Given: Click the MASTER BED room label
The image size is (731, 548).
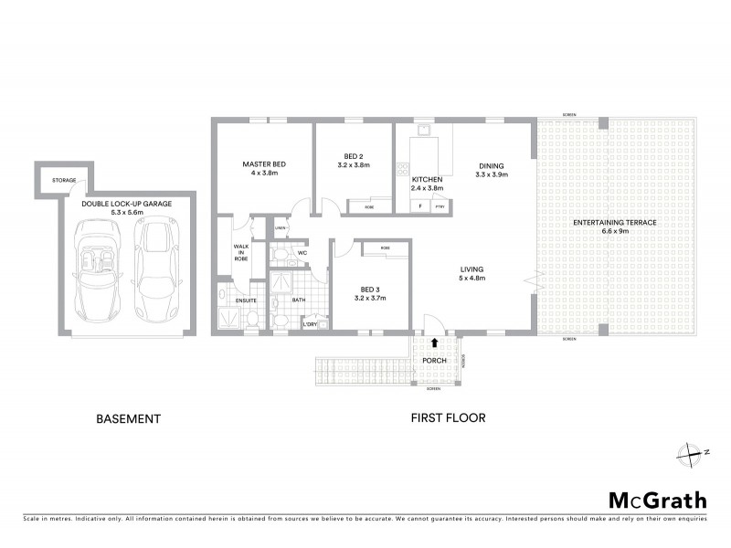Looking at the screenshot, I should pos(264,163).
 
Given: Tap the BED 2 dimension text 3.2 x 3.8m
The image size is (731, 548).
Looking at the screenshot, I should pos(353,166).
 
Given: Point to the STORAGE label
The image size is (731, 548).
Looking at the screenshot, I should pos(63,181).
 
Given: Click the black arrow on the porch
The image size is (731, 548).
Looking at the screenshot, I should pos(434,342).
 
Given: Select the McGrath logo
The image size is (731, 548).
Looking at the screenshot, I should pos(657,501).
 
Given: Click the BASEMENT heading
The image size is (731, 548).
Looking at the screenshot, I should pos(129,419).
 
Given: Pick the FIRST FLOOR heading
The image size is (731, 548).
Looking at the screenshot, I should pos(448,419).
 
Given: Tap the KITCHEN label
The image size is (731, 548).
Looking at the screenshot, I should pos(427,179).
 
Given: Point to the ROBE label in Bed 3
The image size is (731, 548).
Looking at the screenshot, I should pos(386,248).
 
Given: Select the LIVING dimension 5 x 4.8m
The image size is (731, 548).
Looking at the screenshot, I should pos(471,281).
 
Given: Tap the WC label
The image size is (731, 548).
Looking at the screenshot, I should pos(302,253).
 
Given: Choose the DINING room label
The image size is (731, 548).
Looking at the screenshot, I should pos(492,166).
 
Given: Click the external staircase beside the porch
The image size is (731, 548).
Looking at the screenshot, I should pos(362,369).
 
